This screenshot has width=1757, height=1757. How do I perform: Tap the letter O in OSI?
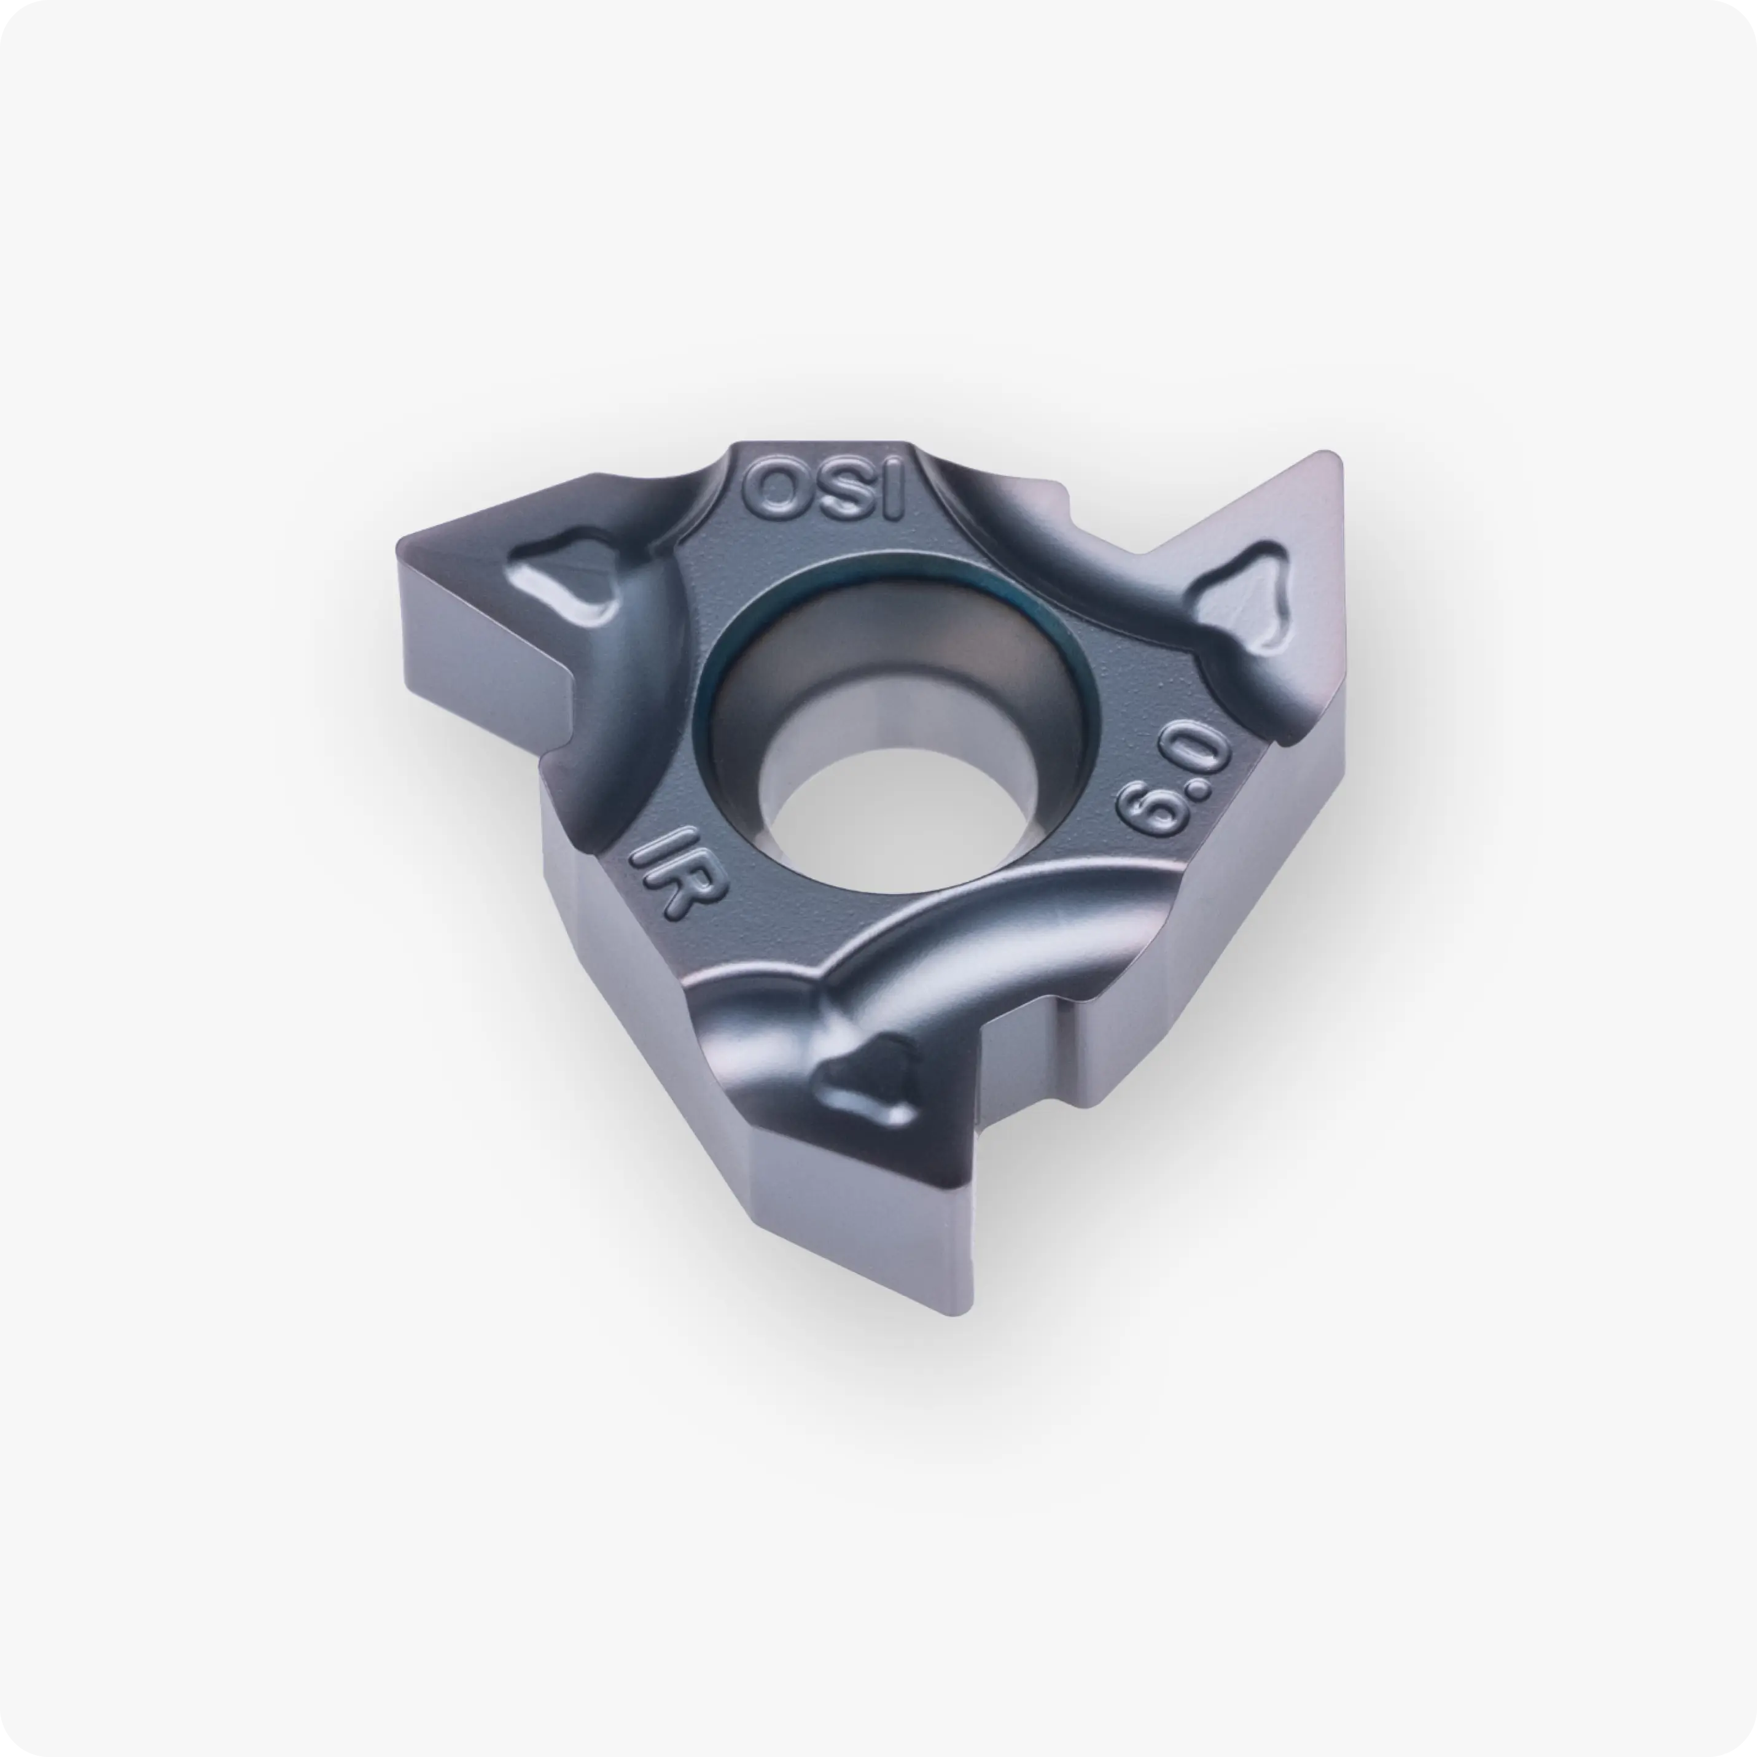click(x=771, y=488)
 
